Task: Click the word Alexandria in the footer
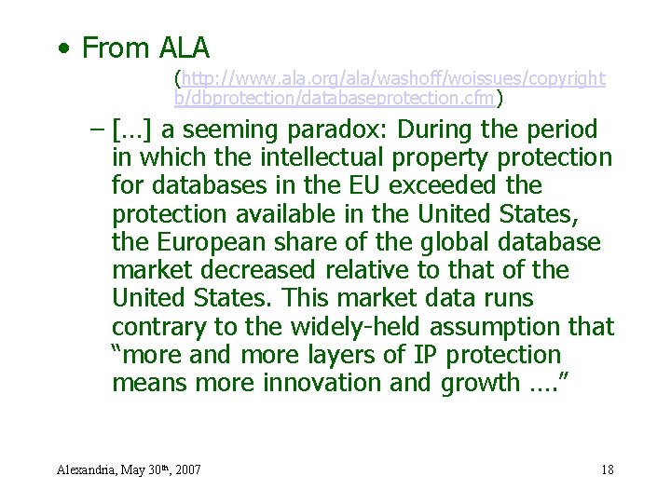[x=88, y=469]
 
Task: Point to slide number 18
[x=608, y=469]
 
